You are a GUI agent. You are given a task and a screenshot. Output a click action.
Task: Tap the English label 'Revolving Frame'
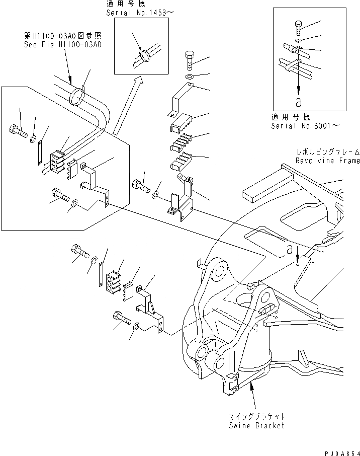(x=327, y=161)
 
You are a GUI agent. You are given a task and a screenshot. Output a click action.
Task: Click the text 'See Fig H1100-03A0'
(x=63, y=44)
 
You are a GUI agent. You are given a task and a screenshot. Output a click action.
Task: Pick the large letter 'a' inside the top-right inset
(x=299, y=102)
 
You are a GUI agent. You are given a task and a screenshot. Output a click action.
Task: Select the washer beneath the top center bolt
(x=190, y=77)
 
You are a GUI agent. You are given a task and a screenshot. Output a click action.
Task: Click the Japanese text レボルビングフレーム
(x=327, y=152)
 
